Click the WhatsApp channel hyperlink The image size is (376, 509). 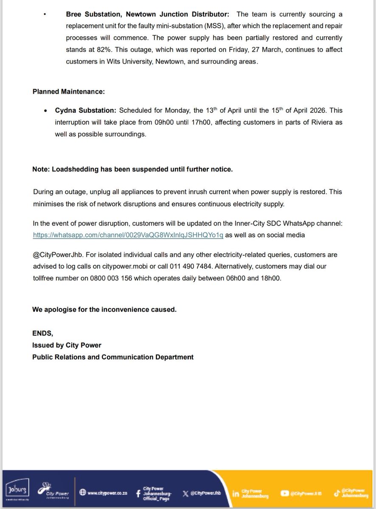pos(128,235)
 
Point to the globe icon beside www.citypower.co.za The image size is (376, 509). pos(83,493)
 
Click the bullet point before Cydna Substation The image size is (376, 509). pos(46,111)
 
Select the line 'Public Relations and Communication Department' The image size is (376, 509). pos(113,357)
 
